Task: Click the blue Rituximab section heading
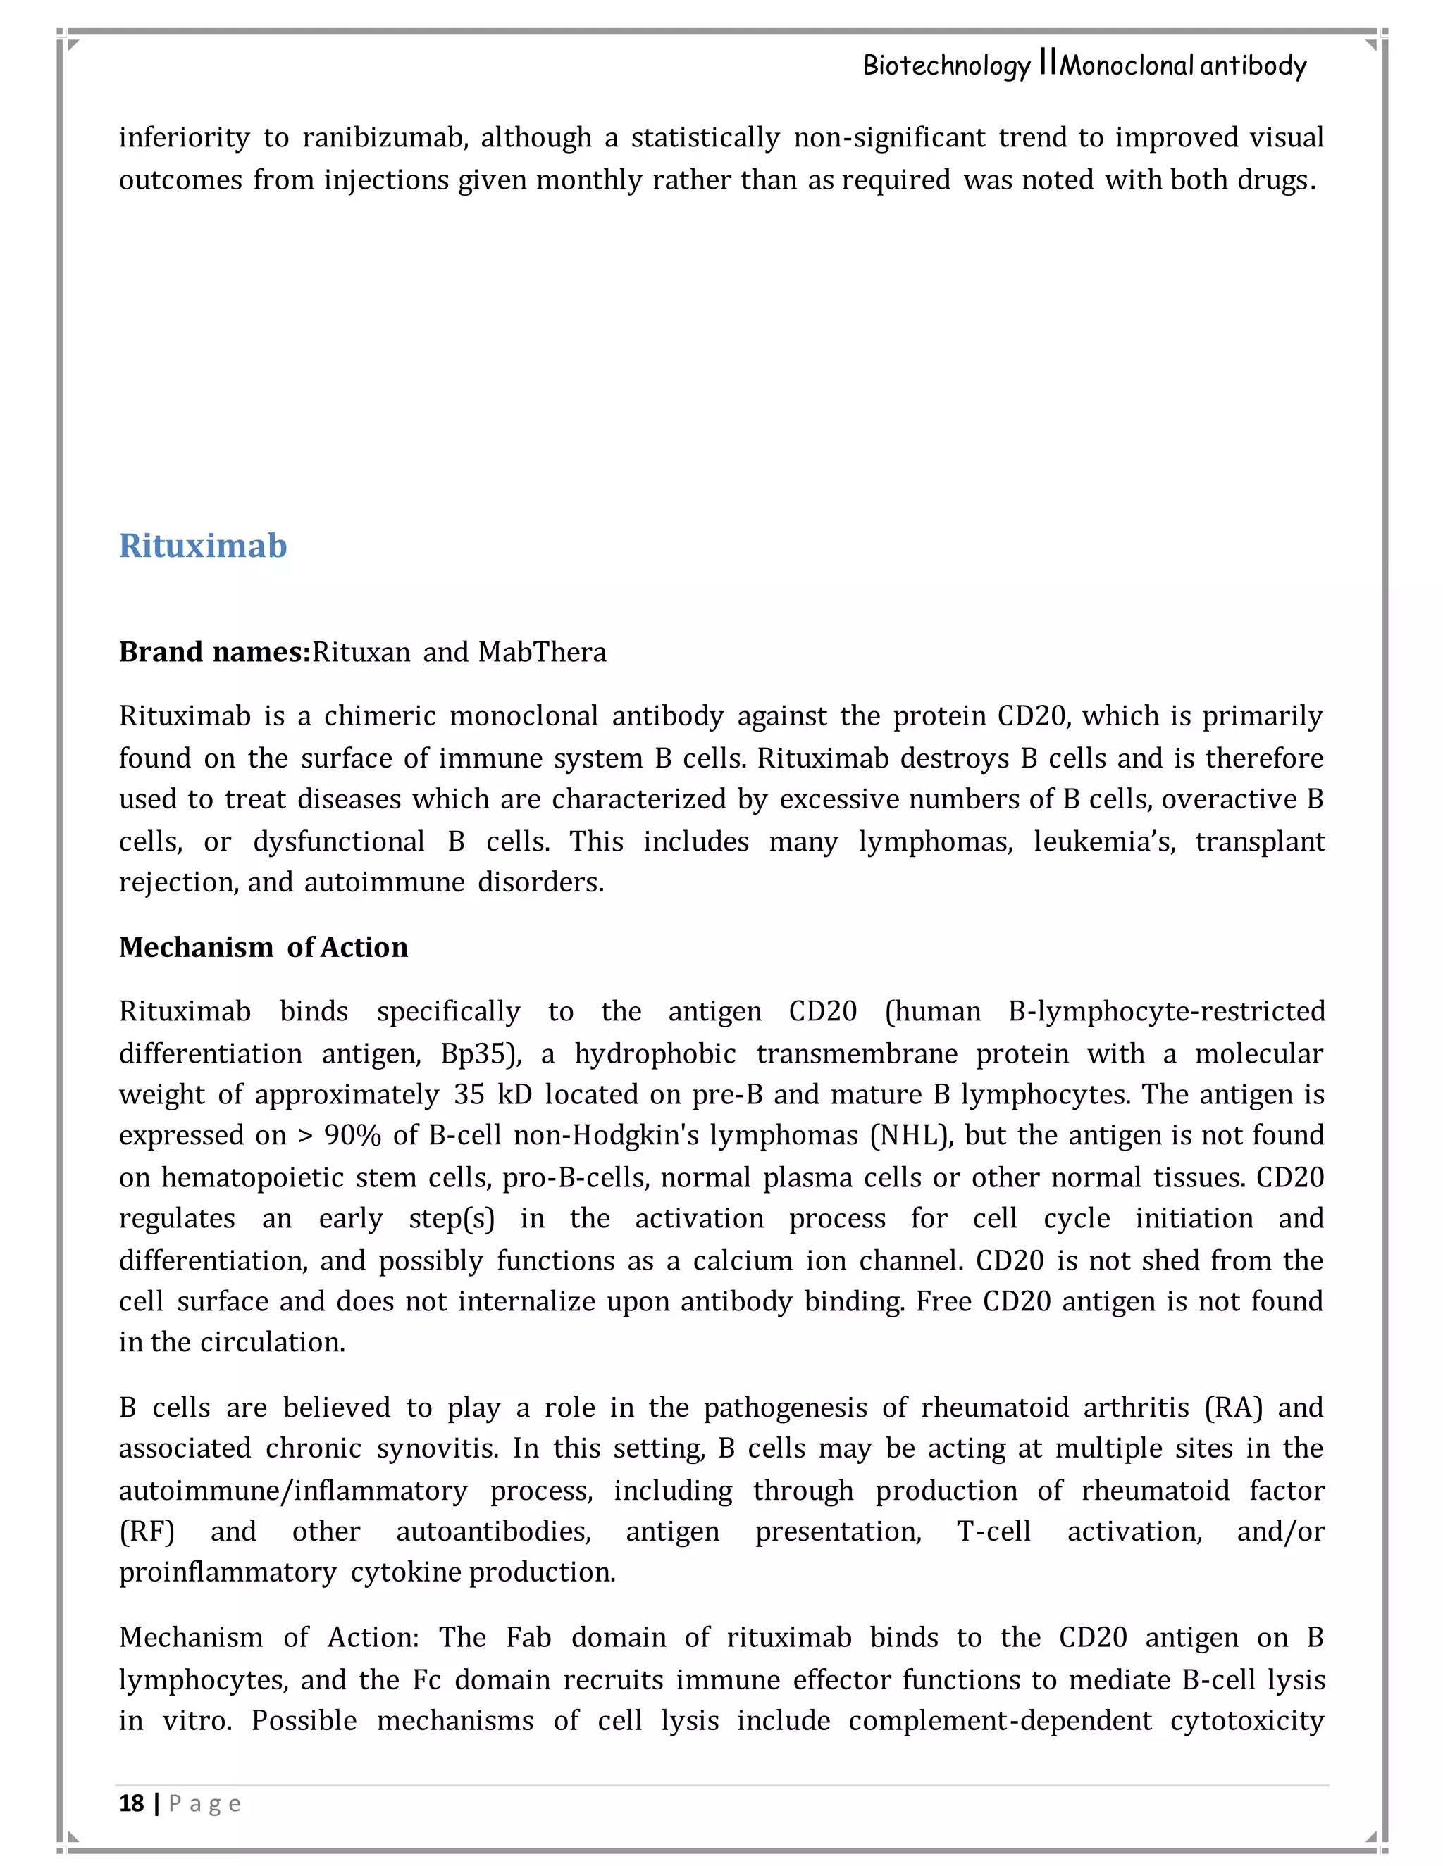point(203,546)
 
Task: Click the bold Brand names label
point(213,652)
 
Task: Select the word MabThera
point(542,652)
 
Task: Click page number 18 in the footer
point(131,1803)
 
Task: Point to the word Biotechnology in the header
point(946,65)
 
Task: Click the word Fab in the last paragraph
point(528,1637)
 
